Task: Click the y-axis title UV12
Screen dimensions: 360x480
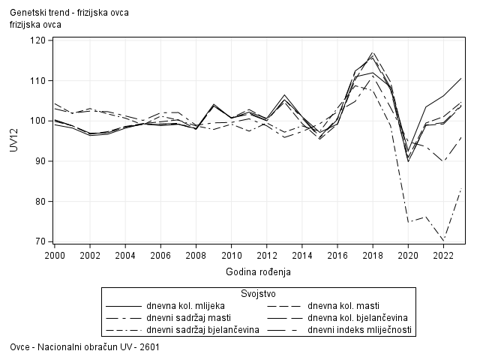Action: tap(14, 141)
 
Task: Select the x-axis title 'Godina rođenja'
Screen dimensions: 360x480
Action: tap(258, 271)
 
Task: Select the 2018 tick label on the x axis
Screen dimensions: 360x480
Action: tap(373, 255)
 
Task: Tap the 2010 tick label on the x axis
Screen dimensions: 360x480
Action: tap(231, 255)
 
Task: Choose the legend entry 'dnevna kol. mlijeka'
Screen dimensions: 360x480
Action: tap(183, 306)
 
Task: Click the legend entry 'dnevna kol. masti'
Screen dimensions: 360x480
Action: tap(344, 306)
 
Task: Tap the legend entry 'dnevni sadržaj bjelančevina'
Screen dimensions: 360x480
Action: tap(203, 330)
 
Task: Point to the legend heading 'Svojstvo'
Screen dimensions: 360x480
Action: tap(258, 293)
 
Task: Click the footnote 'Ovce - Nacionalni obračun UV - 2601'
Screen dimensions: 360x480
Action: tap(85, 348)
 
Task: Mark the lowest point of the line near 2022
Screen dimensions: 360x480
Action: tap(444, 240)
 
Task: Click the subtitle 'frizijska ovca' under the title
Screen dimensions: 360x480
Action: tap(36, 25)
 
